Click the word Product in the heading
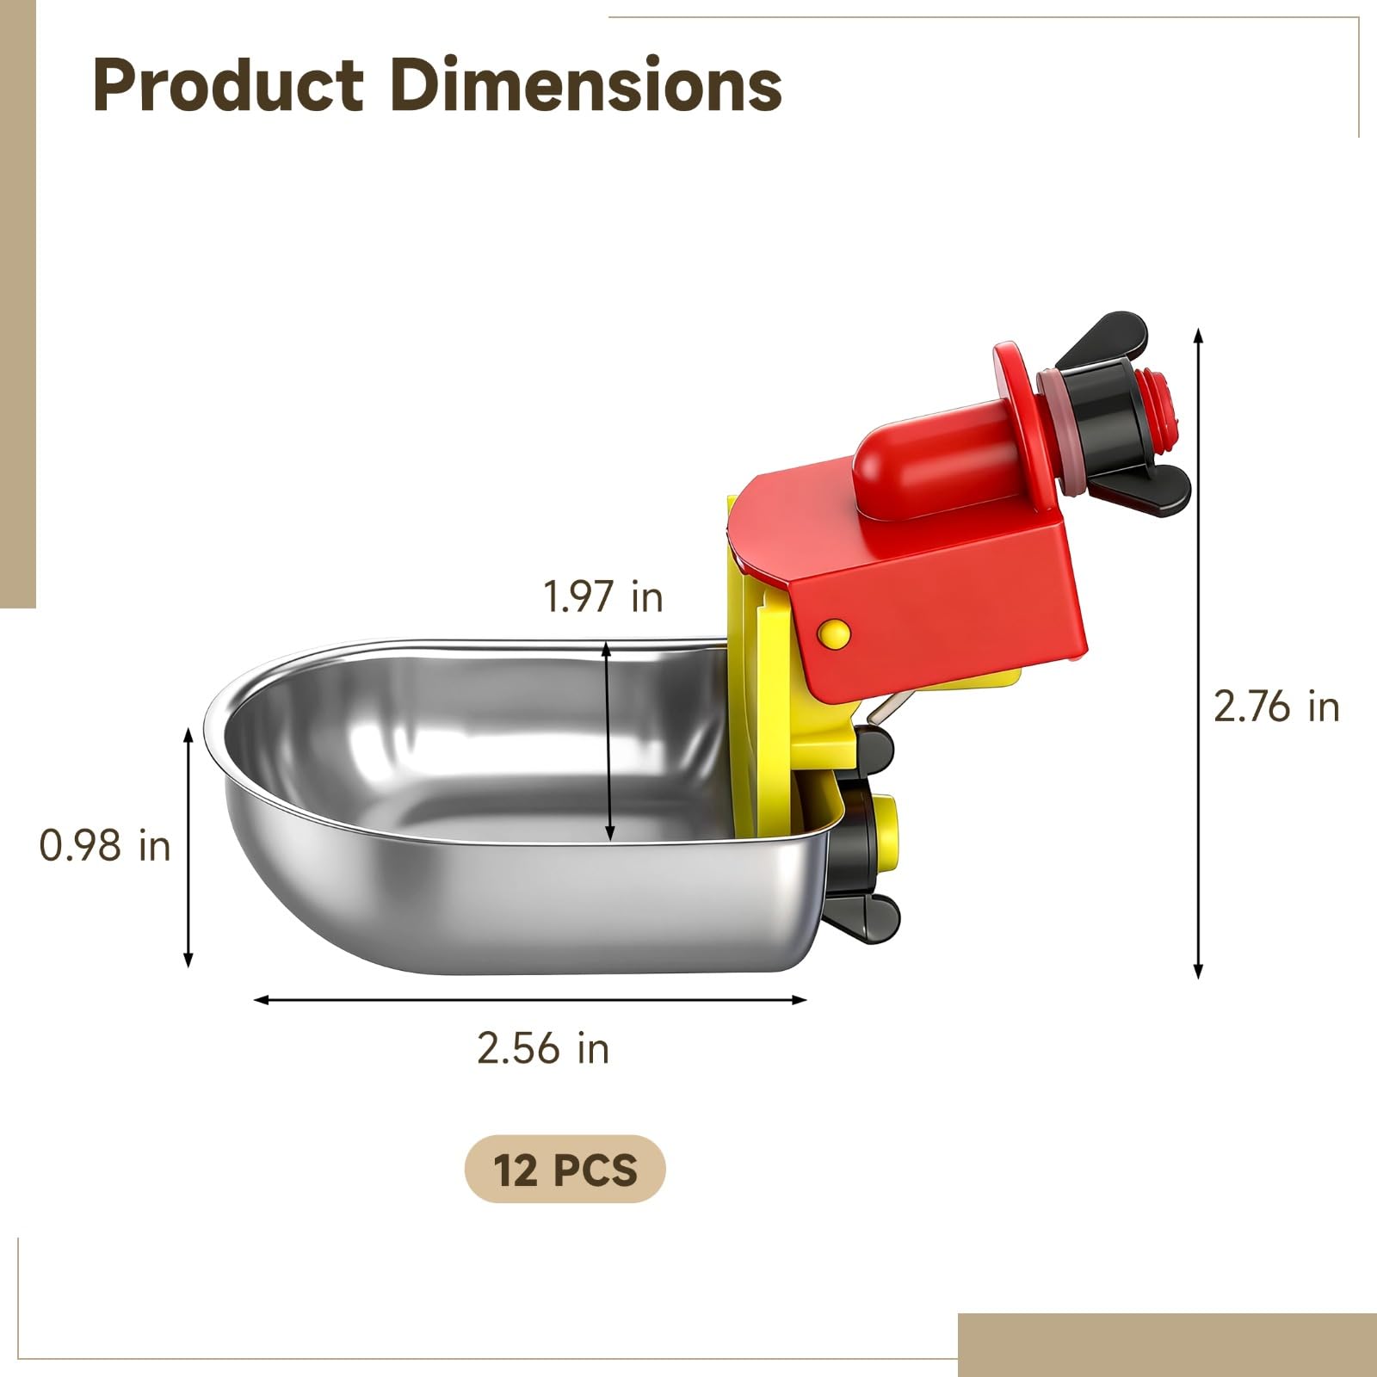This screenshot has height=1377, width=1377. click(228, 85)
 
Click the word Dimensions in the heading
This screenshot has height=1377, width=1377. click(586, 85)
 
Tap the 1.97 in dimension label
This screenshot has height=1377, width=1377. click(603, 596)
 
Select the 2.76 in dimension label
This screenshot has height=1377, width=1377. click(1276, 707)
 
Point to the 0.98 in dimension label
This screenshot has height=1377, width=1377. click(105, 846)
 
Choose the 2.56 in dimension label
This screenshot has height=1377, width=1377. click(543, 1048)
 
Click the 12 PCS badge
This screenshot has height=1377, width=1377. click(565, 1170)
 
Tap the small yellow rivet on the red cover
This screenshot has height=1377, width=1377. click(834, 633)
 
